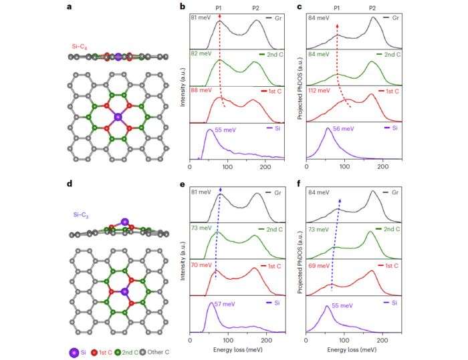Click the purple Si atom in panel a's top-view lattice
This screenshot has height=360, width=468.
point(118,117)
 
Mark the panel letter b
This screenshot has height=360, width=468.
point(191,6)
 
